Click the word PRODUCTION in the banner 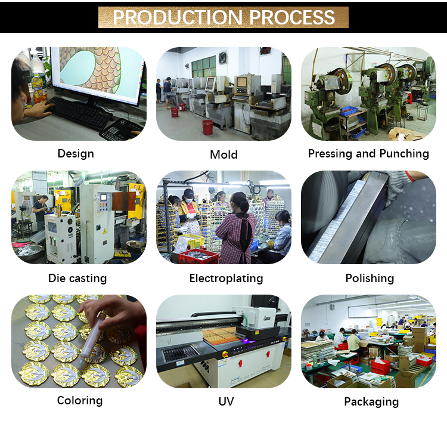click(178, 17)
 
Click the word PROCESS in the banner click(292, 17)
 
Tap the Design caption click(76, 154)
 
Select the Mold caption click(223, 154)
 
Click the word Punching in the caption click(404, 154)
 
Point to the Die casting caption click(77, 278)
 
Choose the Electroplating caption click(226, 279)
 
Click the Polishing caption click(370, 279)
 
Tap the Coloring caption click(80, 401)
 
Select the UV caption click(226, 401)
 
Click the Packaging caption click(371, 402)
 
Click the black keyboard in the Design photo click(80, 113)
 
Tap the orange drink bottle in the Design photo click(39, 88)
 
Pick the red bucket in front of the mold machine click(207, 127)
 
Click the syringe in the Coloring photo click(91, 339)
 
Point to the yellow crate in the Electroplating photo click(191, 240)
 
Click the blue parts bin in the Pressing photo click(349, 111)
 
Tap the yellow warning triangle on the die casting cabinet click(105, 231)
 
